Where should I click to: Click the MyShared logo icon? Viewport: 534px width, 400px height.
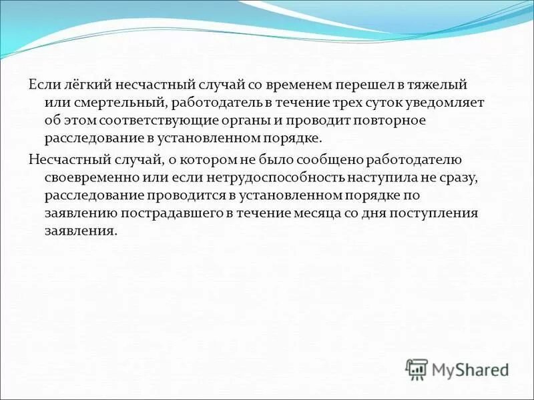tap(417, 369)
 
